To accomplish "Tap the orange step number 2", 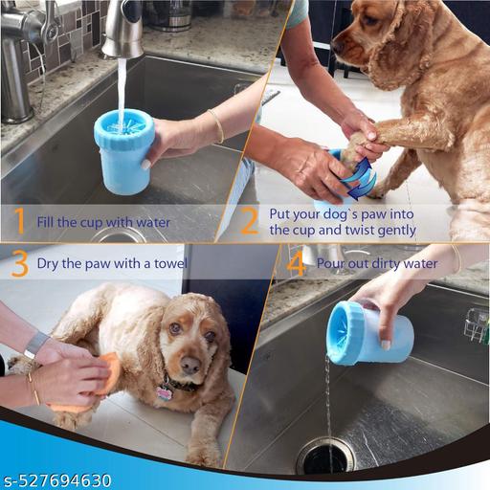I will pos(249,222).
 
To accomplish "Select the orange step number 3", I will pos(19,263).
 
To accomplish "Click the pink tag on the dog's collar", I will pos(164,392).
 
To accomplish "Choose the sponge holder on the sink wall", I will pos(476,325).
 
